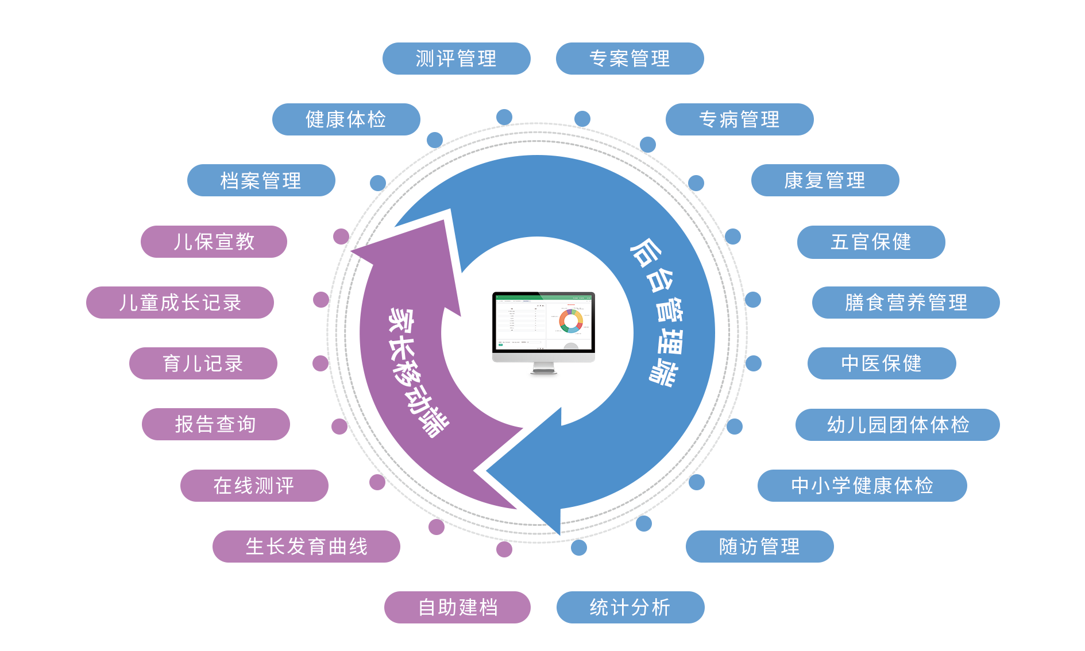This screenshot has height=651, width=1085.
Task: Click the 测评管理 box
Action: (x=456, y=59)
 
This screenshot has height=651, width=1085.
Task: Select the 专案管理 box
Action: (x=630, y=59)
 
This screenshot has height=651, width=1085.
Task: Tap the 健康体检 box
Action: (x=346, y=119)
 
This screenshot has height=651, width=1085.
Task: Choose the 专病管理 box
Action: (x=739, y=119)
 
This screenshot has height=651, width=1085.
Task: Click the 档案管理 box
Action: (x=261, y=180)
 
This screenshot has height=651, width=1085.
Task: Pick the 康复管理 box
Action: (x=825, y=180)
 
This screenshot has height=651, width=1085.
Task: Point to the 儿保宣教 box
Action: (x=214, y=242)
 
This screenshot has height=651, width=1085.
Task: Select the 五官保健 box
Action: (x=871, y=242)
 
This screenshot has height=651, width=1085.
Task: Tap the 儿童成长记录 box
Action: (x=180, y=303)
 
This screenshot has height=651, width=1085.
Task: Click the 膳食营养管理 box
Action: (x=905, y=303)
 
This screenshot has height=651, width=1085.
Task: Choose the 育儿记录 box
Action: (x=203, y=363)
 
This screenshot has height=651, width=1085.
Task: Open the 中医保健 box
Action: (x=881, y=363)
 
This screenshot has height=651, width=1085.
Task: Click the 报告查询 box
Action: (x=215, y=424)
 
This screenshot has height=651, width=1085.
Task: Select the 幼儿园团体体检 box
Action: (x=897, y=425)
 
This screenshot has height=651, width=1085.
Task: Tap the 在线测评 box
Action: (x=254, y=486)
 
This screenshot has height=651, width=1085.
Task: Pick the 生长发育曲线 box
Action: (x=306, y=547)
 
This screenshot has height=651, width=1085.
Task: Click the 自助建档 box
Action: (x=457, y=607)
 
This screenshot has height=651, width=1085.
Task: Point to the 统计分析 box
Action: (x=630, y=607)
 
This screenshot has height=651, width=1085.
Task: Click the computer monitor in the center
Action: (x=543, y=333)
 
